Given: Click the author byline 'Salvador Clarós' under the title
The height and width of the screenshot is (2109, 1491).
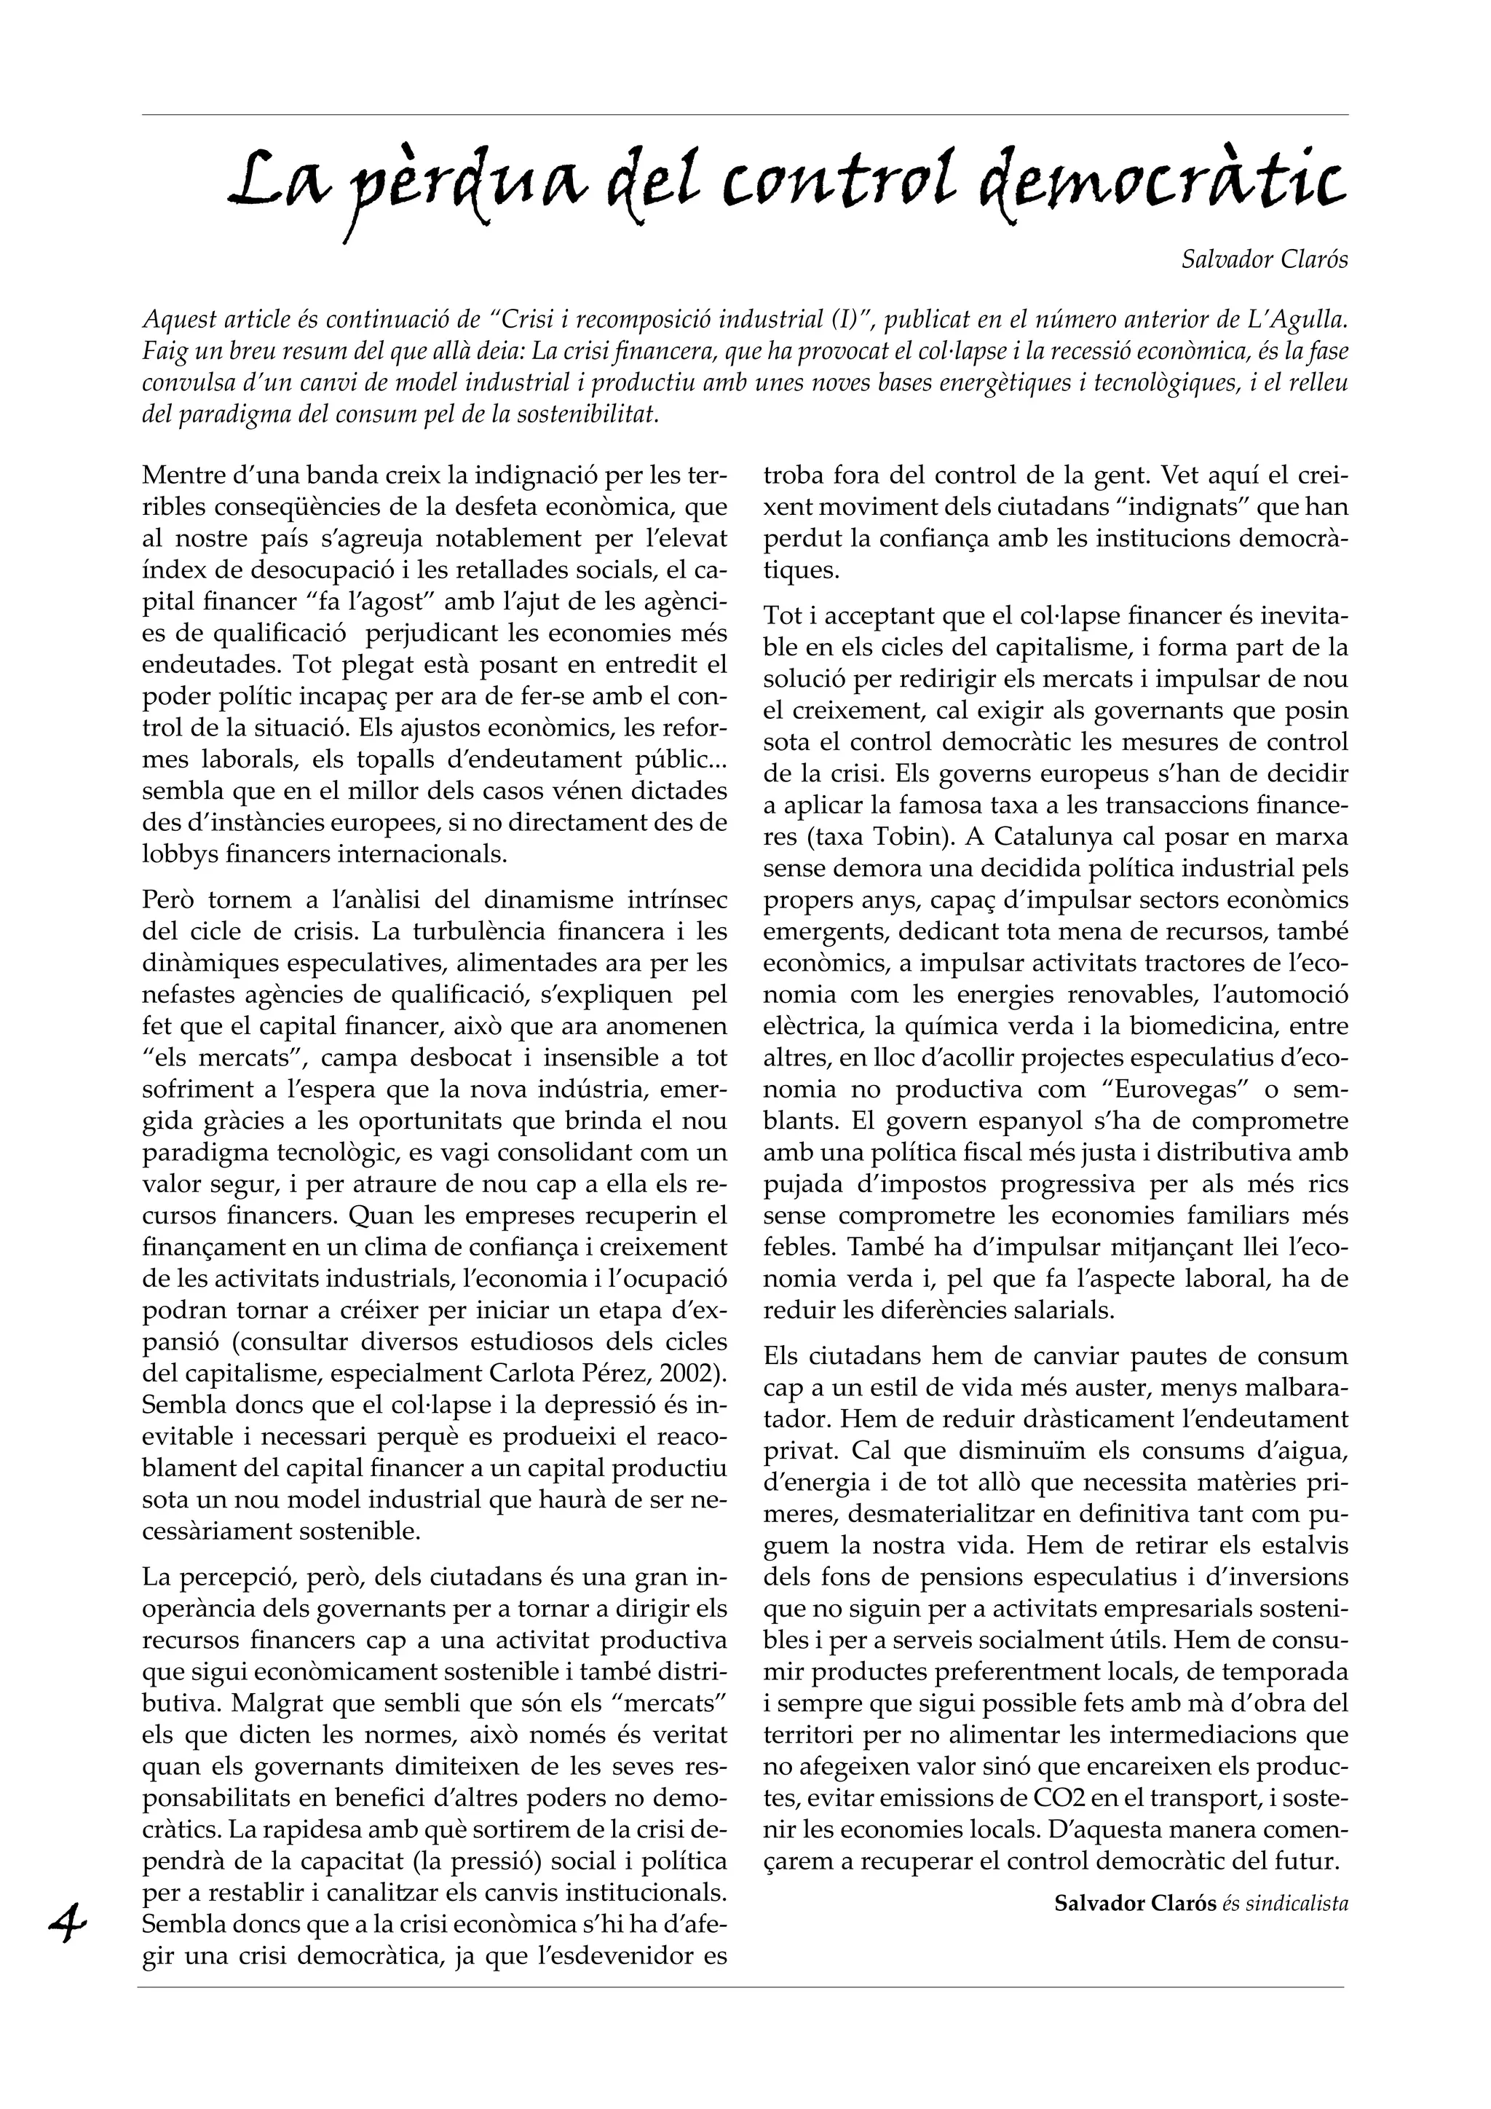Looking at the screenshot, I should point(1265,260).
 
